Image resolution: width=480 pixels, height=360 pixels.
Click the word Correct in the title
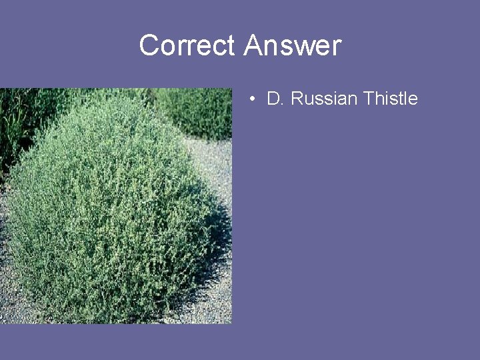tap(187, 46)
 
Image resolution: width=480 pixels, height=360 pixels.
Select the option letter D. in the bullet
tap(275, 99)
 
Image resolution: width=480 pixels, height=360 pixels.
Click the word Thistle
tap(390, 99)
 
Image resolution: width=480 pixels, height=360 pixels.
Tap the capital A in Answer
tap(254, 46)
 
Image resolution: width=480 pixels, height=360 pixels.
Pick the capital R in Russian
tap(297, 99)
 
